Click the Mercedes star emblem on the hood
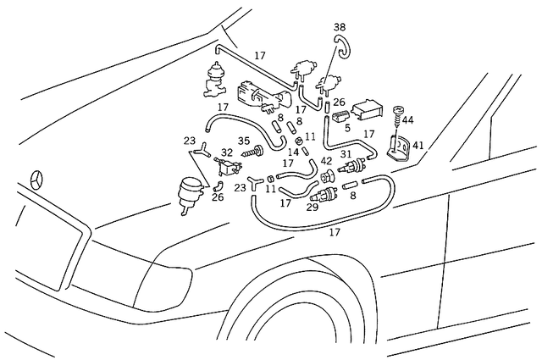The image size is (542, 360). (36, 181)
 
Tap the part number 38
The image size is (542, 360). (340, 27)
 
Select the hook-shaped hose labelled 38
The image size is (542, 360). (339, 47)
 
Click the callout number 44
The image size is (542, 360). (407, 120)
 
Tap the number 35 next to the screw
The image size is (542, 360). (244, 141)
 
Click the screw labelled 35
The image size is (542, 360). (251, 155)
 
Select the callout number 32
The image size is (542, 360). (227, 153)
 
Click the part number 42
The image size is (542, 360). (327, 161)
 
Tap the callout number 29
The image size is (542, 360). (312, 207)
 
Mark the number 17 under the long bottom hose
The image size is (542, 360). (335, 231)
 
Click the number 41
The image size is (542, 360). (418, 146)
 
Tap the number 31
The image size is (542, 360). (346, 153)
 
